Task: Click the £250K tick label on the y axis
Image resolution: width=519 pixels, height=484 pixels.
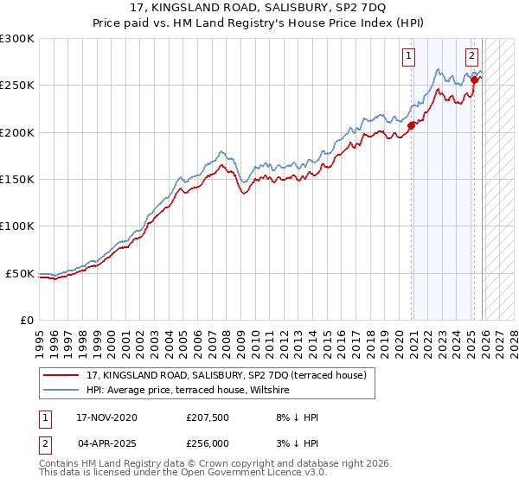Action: [x=17, y=86]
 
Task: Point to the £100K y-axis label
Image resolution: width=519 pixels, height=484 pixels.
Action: [x=17, y=226]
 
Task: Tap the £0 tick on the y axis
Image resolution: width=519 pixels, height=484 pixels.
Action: [x=26, y=321]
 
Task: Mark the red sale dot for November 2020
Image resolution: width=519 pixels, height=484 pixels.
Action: [x=411, y=125]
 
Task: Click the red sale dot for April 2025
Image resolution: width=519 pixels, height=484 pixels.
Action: [x=474, y=80]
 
